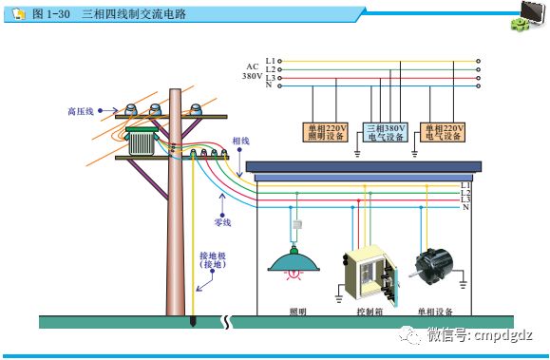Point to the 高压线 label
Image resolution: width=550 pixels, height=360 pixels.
(82, 111)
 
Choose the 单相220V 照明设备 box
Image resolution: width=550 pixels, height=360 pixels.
(326, 132)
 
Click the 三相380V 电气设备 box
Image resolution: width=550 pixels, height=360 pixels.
(386, 132)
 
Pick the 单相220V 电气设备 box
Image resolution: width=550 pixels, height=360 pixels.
(444, 132)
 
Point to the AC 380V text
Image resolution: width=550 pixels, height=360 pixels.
(252, 71)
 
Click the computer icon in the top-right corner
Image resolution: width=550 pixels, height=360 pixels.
(529, 16)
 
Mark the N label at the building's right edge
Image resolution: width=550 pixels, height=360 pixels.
(465, 207)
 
